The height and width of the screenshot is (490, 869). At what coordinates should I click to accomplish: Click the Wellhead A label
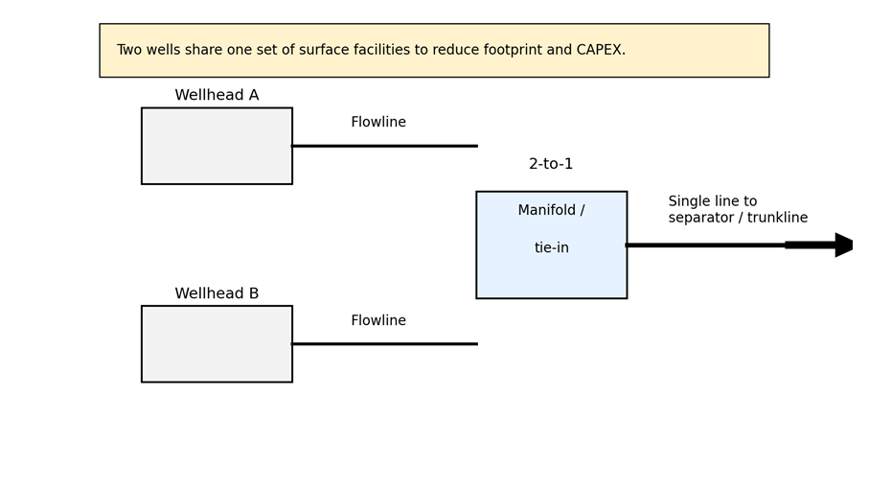click(x=217, y=96)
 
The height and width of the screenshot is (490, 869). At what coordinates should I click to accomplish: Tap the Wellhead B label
click(x=217, y=294)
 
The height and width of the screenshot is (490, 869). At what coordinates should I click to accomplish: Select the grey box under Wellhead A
click(x=217, y=146)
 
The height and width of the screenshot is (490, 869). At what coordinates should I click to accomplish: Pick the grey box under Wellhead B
click(x=217, y=344)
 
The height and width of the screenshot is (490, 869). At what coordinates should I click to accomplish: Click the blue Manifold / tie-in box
click(x=551, y=273)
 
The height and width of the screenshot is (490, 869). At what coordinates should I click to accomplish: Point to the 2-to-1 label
click(x=551, y=165)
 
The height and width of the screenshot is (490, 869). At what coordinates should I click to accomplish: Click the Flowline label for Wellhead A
click(x=378, y=123)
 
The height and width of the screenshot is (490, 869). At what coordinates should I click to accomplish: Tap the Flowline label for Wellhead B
click(x=378, y=321)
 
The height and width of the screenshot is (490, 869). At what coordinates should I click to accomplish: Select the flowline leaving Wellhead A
click(x=384, y=146)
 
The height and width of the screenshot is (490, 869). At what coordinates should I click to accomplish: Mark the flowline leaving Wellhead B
click(x=384, y=343)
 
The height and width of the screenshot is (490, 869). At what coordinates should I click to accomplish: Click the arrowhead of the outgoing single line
click(x=843, y=245)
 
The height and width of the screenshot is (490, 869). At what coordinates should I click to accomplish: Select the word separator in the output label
click(x=698, y=219)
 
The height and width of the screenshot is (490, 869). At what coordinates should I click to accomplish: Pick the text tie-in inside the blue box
click(x=551, y=248)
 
